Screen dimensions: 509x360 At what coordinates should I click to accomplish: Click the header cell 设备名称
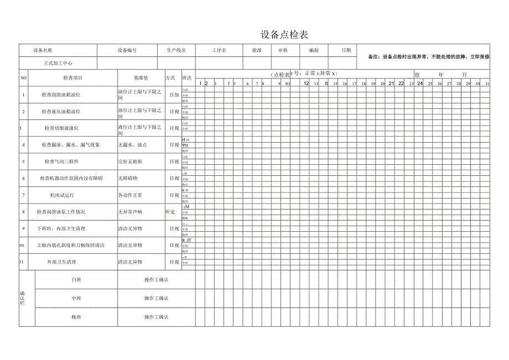tap(43, 50)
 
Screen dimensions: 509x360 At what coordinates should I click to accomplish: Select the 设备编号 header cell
tap(127, 50)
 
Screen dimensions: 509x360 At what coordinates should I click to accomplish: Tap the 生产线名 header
tap(176, 50)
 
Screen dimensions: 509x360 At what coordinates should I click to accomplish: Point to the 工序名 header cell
tap(219, 50)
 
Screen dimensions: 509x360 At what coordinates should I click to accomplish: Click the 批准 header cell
tap(257, 50)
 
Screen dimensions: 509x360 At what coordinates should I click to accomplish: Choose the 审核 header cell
tap(283, 50)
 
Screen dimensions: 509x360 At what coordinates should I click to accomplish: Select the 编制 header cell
tap(314, 50)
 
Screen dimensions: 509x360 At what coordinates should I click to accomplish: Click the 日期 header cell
tap(346, 50)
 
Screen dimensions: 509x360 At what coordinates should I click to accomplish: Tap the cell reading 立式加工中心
tap(58, 64)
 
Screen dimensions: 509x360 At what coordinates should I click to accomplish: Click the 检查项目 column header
tap(72, 78)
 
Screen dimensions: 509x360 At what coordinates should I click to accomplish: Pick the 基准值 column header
tap(141, 78)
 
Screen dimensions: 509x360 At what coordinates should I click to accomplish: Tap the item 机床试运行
tap(61, 195)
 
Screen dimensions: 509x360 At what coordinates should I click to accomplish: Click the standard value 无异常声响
tap(130, 212)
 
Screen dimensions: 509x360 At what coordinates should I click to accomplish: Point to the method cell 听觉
tap(170, 212)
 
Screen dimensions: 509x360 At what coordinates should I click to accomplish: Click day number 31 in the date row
tap(487, 84)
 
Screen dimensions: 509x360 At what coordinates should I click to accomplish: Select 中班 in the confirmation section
tap(76, 298)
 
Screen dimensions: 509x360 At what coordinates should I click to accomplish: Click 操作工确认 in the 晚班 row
tap(156, 317)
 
